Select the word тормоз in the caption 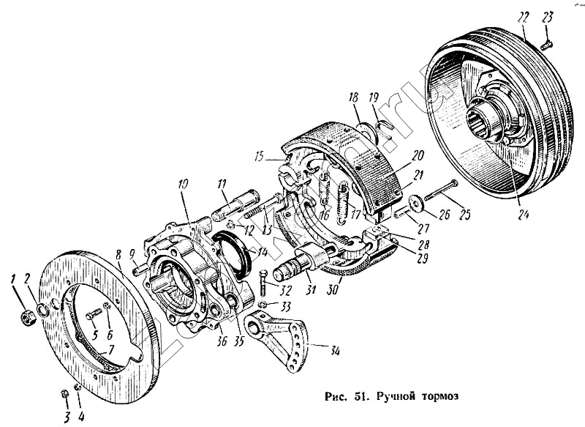click(438, 396)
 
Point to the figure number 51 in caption click(359, 396)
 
